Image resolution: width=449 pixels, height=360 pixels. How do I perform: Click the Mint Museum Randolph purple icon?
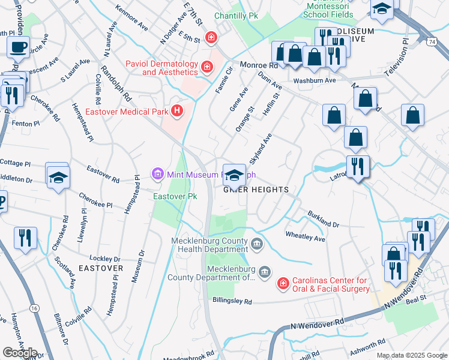(158, 175)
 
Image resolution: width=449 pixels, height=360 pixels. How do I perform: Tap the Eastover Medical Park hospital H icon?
(176, 110)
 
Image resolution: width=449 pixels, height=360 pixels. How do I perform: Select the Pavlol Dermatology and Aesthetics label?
(161, 68)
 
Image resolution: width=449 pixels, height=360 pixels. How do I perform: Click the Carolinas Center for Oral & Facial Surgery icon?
(282, 282)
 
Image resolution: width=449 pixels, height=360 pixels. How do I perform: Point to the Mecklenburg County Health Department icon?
(257, 243)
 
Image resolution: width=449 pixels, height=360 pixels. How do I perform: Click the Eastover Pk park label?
(175, 196)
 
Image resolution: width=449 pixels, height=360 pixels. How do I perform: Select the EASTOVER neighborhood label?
(100, 268)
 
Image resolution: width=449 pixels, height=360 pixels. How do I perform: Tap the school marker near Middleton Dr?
(58, 177)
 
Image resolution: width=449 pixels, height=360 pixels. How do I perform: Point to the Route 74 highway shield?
(432, 41)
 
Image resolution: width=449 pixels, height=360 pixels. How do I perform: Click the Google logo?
(20, 353)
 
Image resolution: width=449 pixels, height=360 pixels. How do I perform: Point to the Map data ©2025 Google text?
(412, 355)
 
